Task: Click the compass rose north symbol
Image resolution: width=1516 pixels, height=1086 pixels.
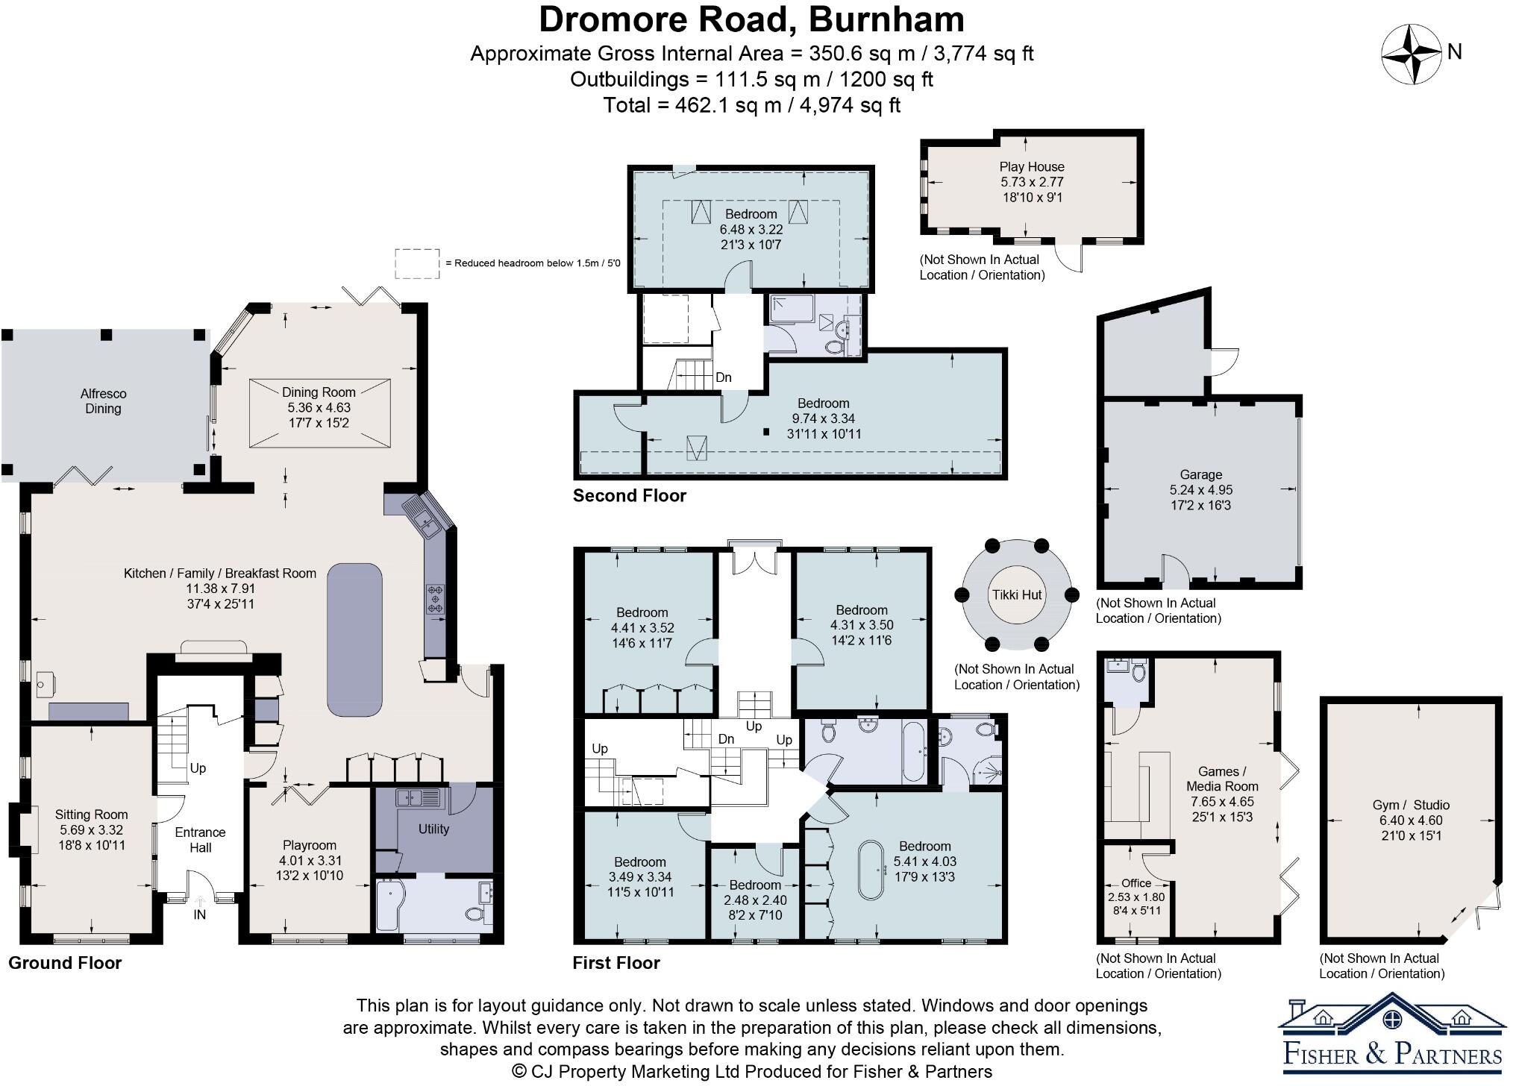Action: point(1411,54)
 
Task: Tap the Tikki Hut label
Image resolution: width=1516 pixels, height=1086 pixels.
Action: point(1017,594)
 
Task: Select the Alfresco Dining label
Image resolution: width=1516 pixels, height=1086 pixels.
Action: point(103,401)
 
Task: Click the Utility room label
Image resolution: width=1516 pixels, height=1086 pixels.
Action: point(433,829)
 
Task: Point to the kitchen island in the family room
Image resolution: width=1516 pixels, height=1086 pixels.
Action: point(354,639)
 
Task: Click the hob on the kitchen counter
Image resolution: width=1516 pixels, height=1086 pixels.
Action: point(435,598)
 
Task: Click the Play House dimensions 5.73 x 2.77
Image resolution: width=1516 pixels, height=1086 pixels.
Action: point(1032,182)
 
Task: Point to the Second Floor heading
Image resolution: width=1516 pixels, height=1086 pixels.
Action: point(629,495)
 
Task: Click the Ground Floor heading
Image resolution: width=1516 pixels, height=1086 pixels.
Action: point(65,962)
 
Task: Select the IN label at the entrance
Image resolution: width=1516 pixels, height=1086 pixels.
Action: point(200,914)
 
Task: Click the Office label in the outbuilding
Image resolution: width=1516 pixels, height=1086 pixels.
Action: point(1136,883)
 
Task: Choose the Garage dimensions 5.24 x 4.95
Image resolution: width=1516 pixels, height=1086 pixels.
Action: point(1200,490)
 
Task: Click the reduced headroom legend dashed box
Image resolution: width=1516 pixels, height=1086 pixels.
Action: point(416,263)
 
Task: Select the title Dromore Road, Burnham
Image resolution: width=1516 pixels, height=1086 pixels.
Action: point(751,19)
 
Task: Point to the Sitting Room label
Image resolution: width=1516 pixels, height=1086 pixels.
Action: point(91,814)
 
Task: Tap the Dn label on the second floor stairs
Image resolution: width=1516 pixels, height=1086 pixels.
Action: point(723,377)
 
